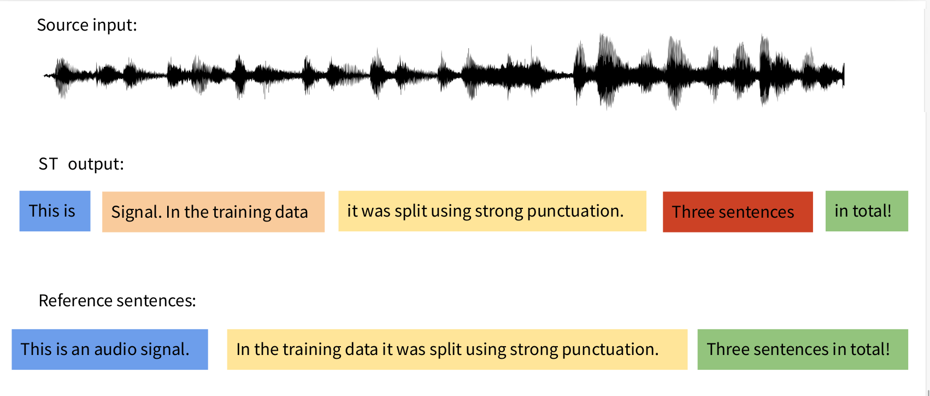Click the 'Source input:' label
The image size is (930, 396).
(87, 25)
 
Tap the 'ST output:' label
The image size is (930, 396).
(81, 164)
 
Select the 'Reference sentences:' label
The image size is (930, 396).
(117, 301)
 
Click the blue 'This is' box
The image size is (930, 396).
(55, 211)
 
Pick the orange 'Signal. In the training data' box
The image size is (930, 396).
(213, 212)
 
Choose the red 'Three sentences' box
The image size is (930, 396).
(737, 212)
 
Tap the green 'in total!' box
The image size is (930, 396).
(866, 211)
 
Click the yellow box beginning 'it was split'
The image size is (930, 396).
(492, 211)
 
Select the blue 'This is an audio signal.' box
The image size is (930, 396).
(109, 350)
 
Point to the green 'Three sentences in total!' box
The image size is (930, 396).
(802, 350)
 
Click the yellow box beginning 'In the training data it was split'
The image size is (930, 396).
(457, 350)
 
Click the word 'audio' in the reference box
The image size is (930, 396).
(115, 350)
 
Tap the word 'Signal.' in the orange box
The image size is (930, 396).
(136, 212)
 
